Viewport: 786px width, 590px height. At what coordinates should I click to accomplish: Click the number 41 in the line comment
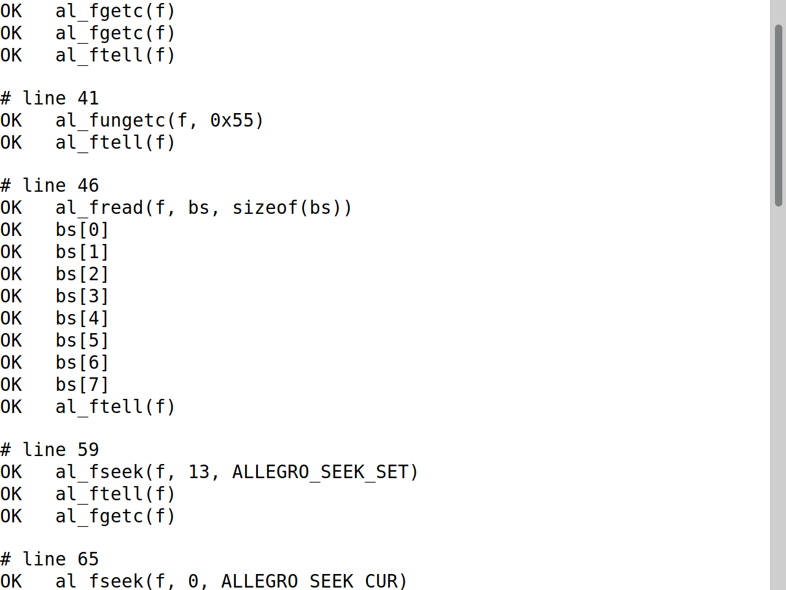click(88, 98)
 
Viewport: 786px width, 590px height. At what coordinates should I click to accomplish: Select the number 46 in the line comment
click(88, 186)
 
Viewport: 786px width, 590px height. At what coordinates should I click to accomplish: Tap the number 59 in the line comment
click(88, 450)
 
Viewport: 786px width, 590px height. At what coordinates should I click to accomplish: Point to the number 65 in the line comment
click(88, 559)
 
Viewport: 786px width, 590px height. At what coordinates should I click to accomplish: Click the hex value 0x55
click(232, 120)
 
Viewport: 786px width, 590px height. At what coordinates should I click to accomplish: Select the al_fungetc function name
click(111, 121)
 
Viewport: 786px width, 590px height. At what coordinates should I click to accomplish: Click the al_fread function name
click(99, 208)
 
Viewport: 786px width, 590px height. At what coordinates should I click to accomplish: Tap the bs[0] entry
click(82, 230)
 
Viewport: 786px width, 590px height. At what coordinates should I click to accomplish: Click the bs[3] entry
click(82, 296)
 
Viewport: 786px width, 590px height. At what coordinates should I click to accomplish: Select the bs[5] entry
click(82, 340)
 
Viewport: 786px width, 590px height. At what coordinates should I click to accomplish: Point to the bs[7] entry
click(82, 385)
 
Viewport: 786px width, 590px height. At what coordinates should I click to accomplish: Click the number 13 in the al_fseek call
click(199, 472)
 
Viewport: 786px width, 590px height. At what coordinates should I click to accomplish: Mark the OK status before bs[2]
click(11, 274)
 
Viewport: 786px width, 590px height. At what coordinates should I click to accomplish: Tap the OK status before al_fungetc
click(11, 120)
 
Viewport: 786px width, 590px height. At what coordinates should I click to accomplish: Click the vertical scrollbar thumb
click(779, 116)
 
